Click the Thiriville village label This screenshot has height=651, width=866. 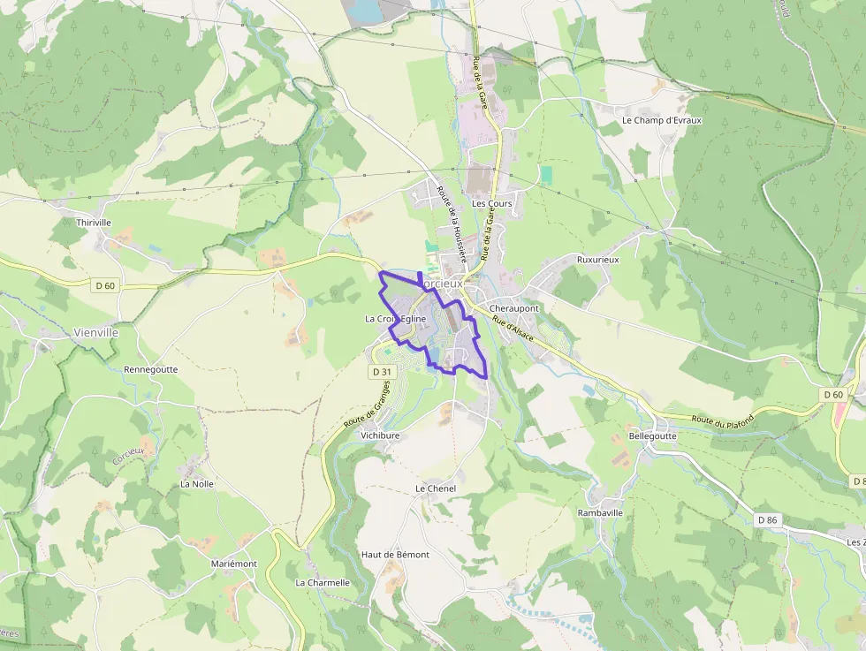(x=94, y=223)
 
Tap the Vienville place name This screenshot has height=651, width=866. (x=95, y=333)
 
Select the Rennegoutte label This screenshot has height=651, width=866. (x=150, y=369)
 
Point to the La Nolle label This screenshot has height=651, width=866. (x=197, y=484)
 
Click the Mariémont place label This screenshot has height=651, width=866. (x=234, y=564)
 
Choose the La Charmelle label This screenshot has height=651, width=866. (x=323, y=583)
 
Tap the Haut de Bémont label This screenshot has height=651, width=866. (x=395, y=555)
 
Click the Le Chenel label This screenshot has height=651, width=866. (x=435, y=488)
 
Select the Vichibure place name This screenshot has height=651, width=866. (x=380, y=435)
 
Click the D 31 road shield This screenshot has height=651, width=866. (x=381, y=373)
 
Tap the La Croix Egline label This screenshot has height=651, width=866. (x=396, y=319)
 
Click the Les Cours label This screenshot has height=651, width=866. (x=491, y=203)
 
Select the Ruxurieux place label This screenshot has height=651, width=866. (x=597, y=261)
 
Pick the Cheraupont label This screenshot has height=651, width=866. (x=513, y=308)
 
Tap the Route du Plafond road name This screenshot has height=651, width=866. (x=722, y=422)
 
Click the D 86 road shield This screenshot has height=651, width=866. (x=767, y=520)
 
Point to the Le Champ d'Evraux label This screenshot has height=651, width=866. (x=661, y=120)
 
